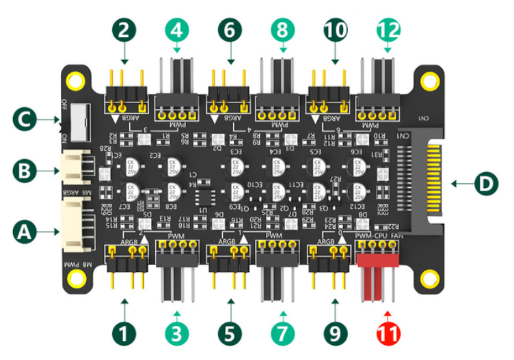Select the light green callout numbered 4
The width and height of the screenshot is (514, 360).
click(x=177, y=29)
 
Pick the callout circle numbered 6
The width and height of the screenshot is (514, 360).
click(x=229, y=29)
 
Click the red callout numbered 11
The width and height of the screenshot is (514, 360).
click(x=388, y=335)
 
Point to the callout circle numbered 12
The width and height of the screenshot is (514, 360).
click(x=388, y=29)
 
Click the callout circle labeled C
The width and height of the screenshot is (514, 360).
click(x=20, y=121)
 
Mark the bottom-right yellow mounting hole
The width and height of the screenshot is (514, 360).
click(x=429, y=279)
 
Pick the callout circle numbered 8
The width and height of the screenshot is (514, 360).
click(x=282, y=29)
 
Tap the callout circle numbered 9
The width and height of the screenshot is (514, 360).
click(x=335, y=335)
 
